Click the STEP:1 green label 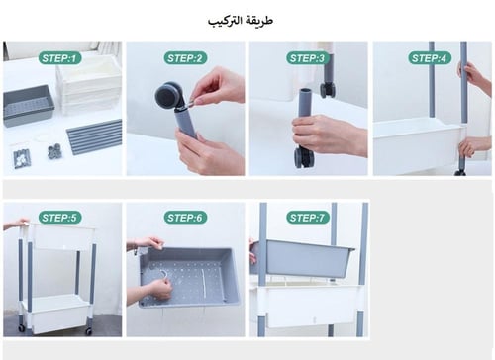click(x=58, y=58)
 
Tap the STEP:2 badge click(x=184, y=58)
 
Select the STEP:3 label click(x=307, y=58)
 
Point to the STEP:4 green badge click(x=430, y=58)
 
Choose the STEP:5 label click(x=59, y=217)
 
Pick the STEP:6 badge click(x=184, y=217)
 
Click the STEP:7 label click(x=308, y=217)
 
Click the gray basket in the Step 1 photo click(x=28, y=103)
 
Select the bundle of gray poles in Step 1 click(x=95, y=136)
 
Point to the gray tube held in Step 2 click(x=185, y=121)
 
